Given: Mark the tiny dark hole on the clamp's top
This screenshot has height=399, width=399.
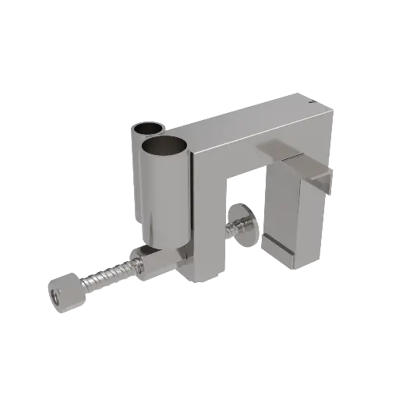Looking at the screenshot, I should click(311, 101).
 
